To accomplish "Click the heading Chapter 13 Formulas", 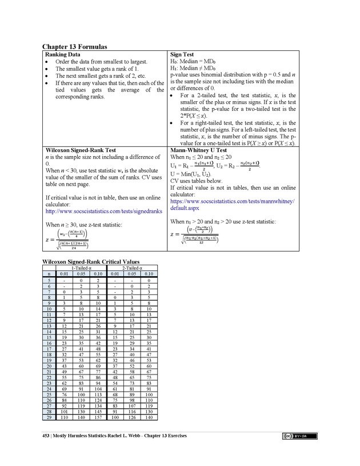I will click(75, 46).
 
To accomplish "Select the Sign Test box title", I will click(183, 54).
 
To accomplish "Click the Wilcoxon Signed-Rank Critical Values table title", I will click(91, 262).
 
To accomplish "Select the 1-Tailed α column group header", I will click(82, 268).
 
